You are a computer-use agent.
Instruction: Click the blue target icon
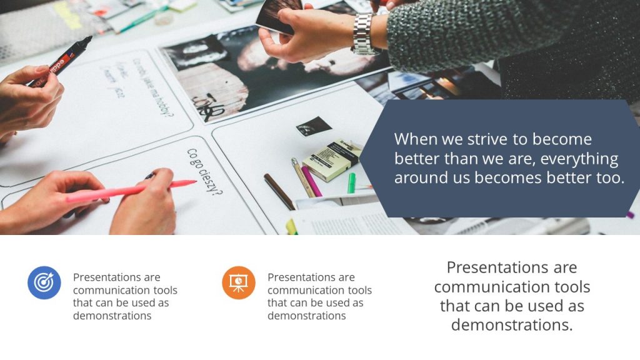(x=44, y=282)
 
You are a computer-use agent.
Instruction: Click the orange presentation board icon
(x=238, y=282)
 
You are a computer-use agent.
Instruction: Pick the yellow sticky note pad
(x=331, y=159)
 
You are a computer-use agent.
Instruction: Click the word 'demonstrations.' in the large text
(x=512, y=325)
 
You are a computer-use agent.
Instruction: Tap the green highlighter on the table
(x=351, y=183)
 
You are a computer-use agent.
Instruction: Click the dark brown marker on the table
(x=279, y=191)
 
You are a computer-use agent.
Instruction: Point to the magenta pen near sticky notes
(x=311, y=181)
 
